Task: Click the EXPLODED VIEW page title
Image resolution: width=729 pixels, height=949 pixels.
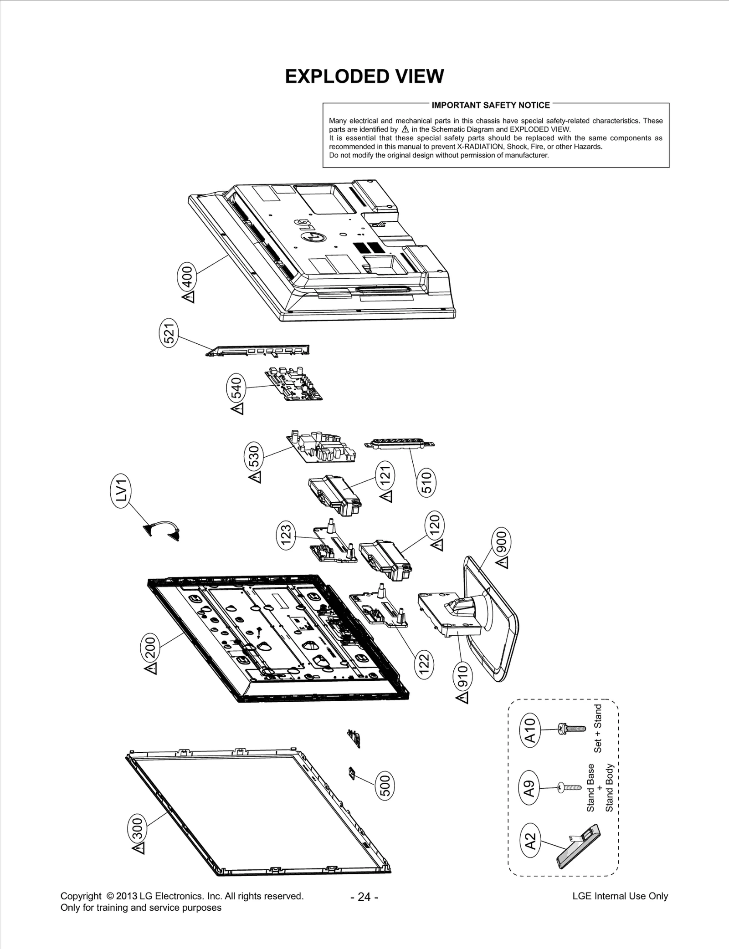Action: point(364,77)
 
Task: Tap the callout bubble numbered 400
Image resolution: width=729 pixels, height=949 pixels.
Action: point(187,276)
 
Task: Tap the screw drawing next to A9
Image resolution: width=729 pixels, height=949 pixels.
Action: point(570,786)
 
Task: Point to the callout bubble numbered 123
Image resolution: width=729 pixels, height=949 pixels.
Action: point(287,536)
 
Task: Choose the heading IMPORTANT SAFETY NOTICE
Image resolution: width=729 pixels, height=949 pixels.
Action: point(491,105)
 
